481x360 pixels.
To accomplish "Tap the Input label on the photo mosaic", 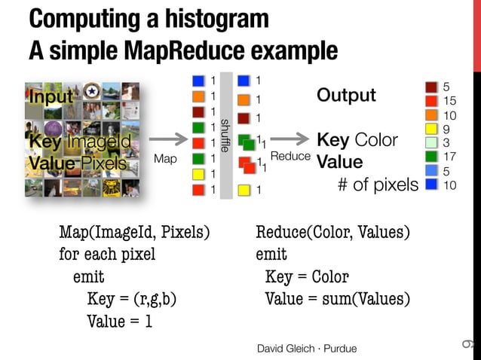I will pos(51,96).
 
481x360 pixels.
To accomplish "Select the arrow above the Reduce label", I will pos(290,139).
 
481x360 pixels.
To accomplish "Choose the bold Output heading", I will pos(346,96).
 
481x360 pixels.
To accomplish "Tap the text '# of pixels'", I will pos(377,185).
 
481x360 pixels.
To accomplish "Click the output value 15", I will pos(451,101).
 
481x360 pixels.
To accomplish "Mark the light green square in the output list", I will pos(431,142).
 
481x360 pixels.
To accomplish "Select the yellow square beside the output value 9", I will pos(431,129).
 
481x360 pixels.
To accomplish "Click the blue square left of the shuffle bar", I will pos(198,81).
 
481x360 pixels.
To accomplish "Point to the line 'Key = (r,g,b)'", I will pos(132,299).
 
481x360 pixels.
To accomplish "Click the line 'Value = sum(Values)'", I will pos(338,299).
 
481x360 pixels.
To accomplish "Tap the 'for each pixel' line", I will pos(107,253).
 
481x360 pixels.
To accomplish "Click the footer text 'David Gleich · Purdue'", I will pos(307,348).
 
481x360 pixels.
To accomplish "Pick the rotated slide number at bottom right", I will pos(466,344).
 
